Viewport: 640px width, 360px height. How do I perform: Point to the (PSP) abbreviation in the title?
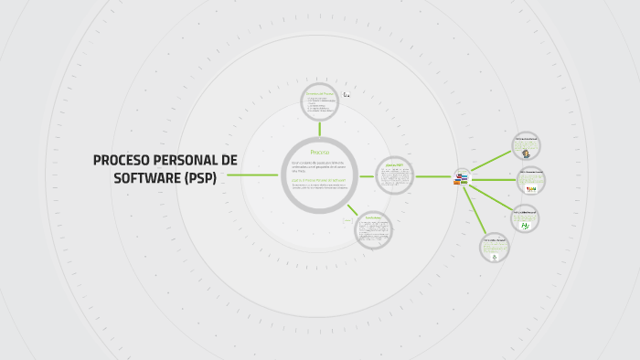tap(199, 177)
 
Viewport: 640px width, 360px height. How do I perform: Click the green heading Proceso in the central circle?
tap(319, 151)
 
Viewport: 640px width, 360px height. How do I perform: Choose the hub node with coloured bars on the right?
tap(462, 177)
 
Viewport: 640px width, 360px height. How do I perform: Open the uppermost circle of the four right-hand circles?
tap(526, 146)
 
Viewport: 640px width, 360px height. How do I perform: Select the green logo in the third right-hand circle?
tap(526, 223)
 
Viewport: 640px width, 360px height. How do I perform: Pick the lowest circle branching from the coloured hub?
tap(495, 248)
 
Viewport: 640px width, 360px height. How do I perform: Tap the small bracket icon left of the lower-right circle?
tap(347, 219)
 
